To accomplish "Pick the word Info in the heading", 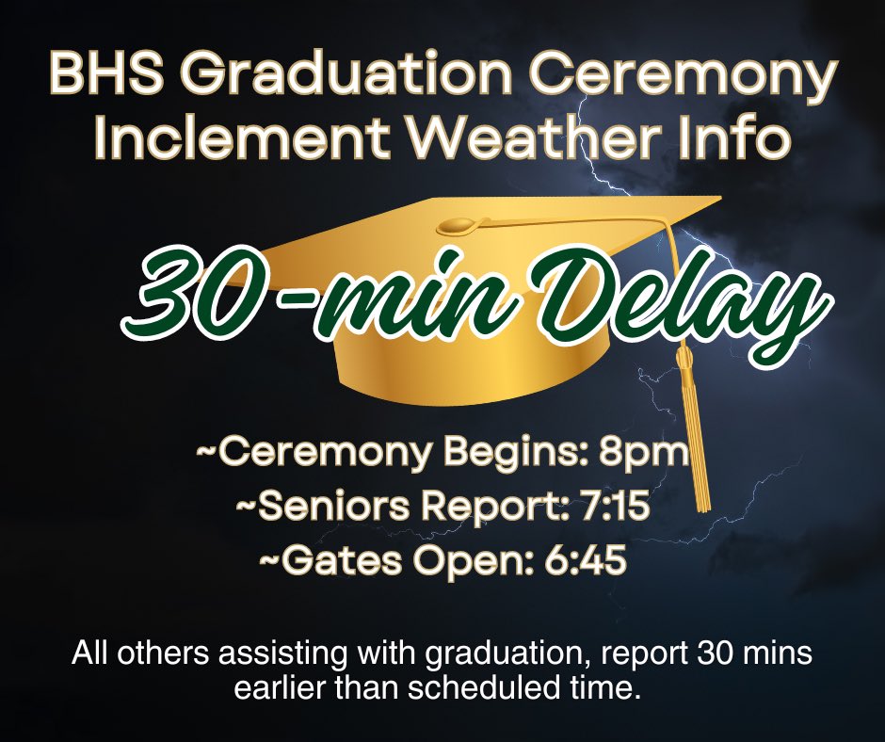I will pos(741,138).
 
